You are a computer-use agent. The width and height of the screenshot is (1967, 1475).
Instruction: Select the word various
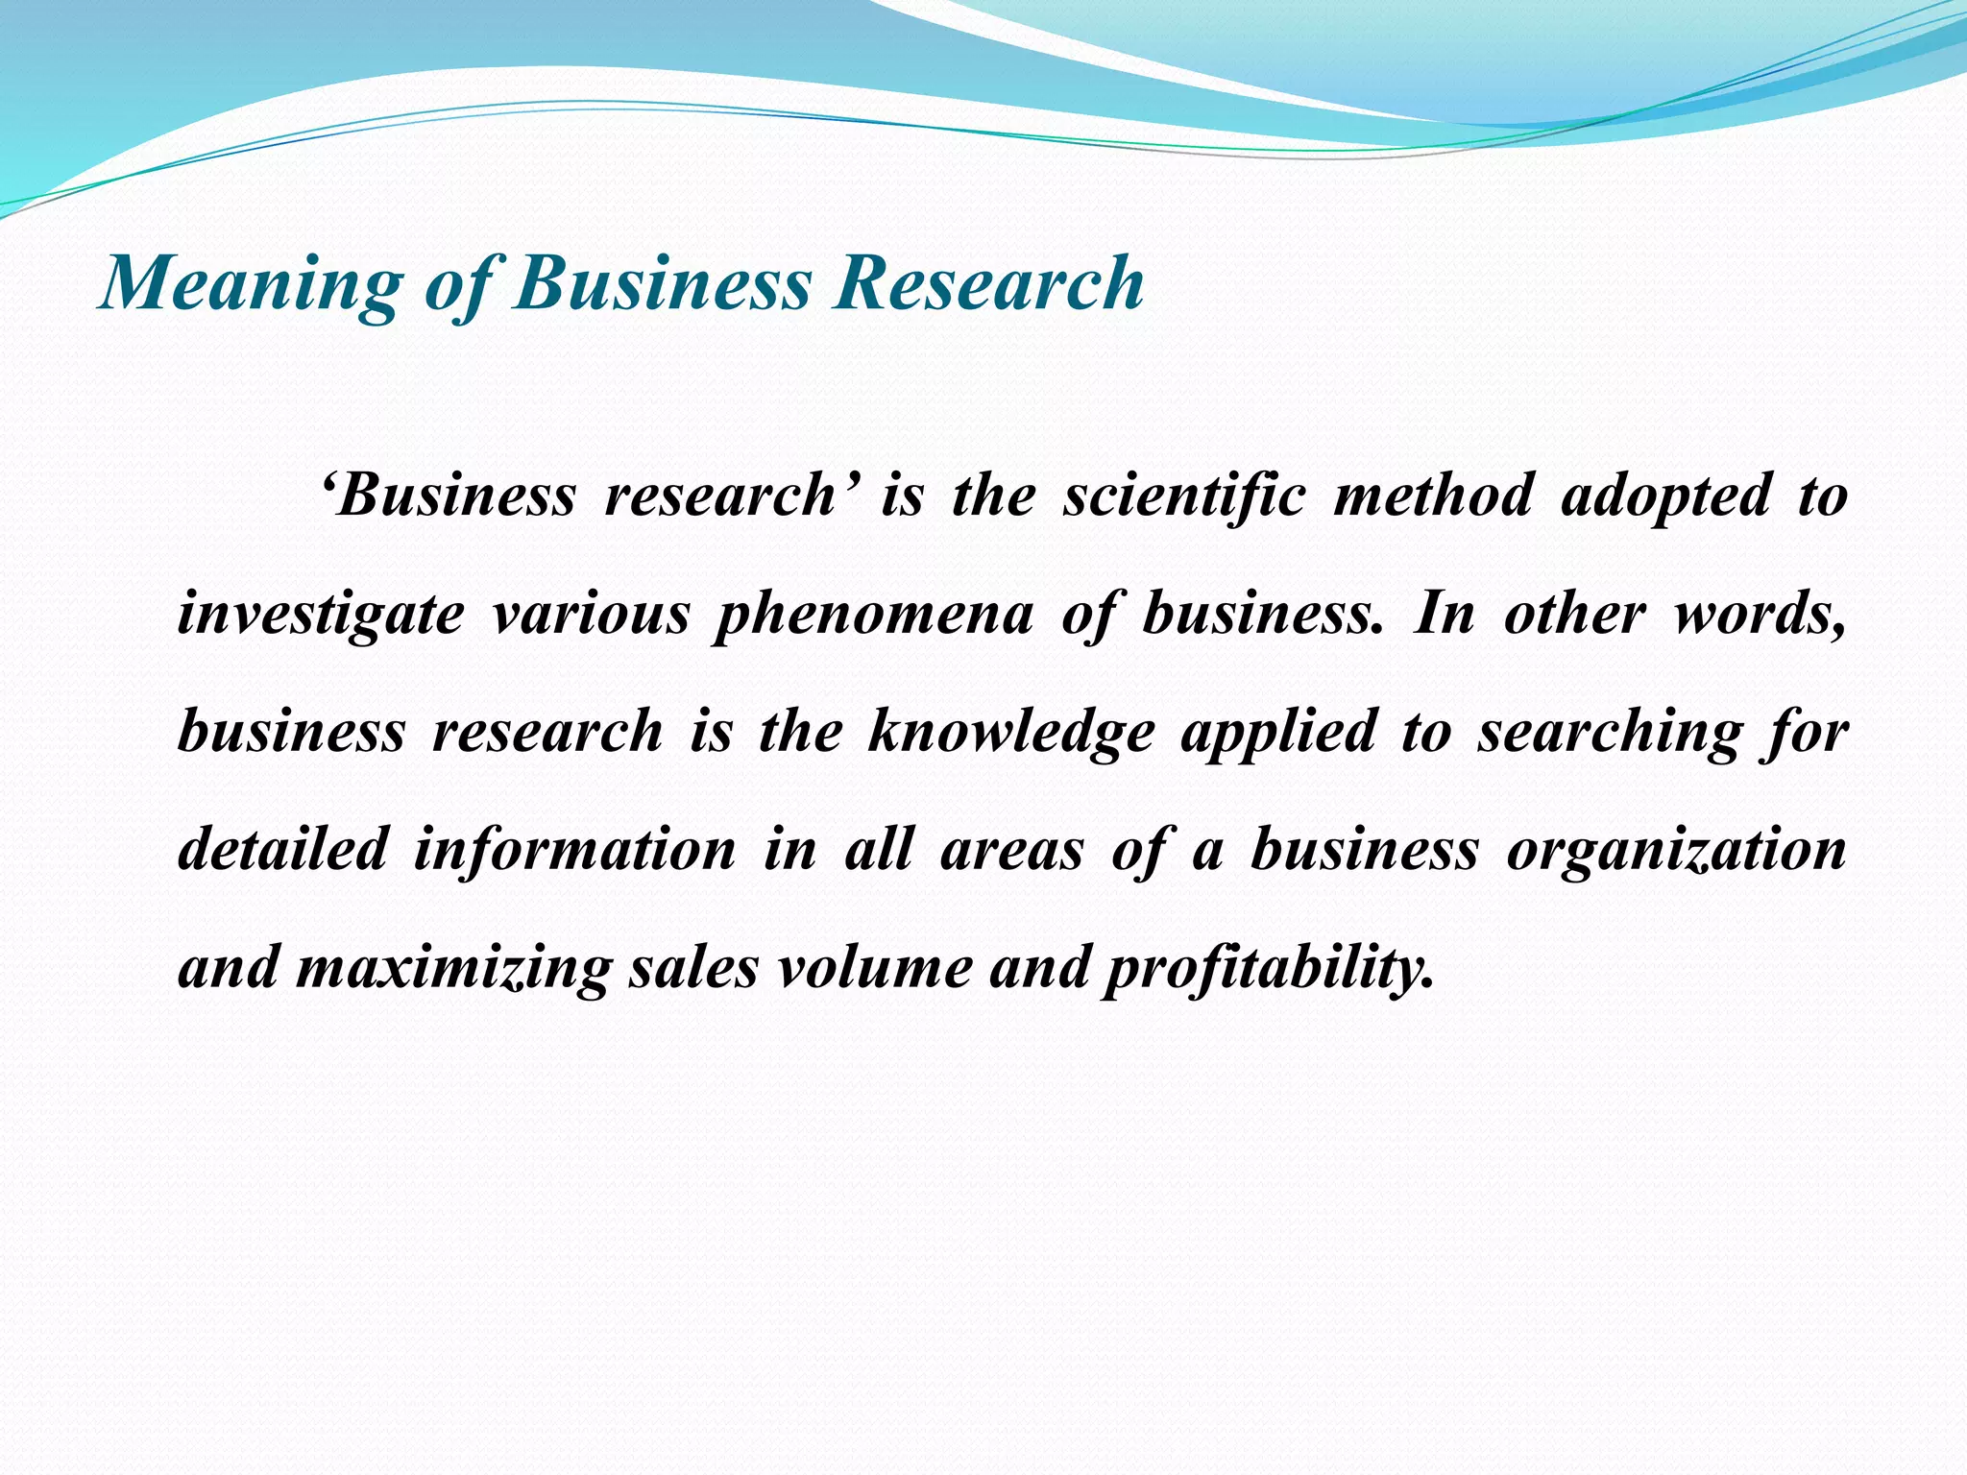pos(591,615)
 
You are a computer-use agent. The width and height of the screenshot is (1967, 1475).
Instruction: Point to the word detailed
pos(283,849)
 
